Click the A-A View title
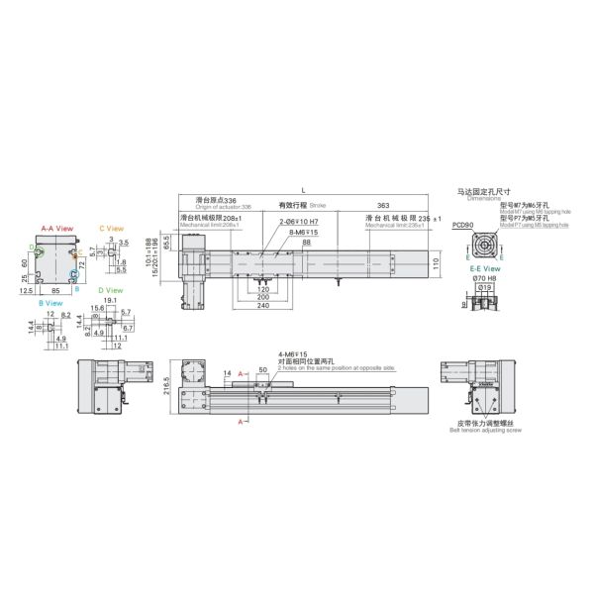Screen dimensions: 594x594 (x=56, y=228)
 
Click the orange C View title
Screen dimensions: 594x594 (x=111, y=228)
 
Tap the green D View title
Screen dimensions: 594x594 (x=111, y=290)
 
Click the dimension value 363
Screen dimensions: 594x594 (x=382, y=204)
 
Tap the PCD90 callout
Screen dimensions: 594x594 (x=461, y=226)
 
